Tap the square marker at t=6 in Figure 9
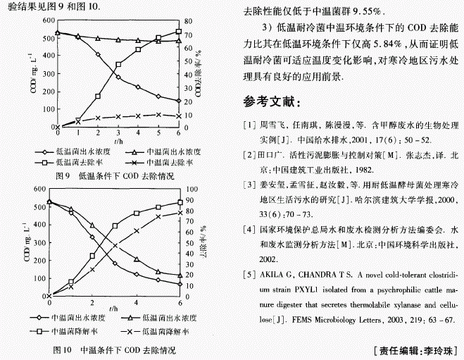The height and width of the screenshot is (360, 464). pyautogui.click(x=178, y=32)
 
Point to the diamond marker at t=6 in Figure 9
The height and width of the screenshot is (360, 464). pyautogui.click(x=178, y=101)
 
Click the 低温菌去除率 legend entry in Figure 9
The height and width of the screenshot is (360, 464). pyautogui.click(x=70, y=161)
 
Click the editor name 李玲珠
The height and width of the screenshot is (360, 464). pyautogui.click(x=441, y=350)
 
